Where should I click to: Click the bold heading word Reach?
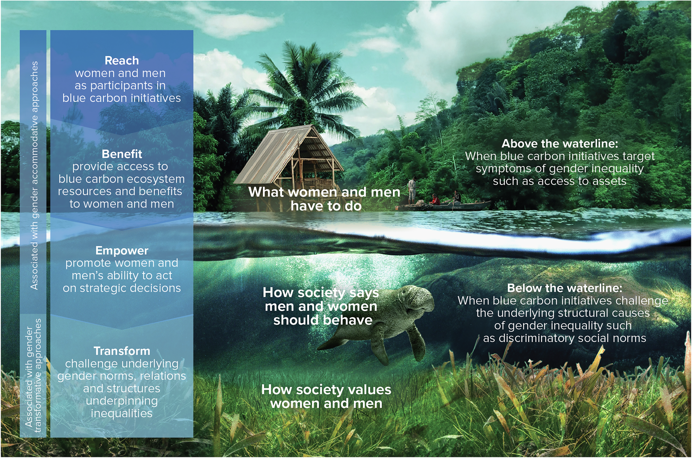click(x=122, y=61)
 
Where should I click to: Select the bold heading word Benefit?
click(x=122, y=154)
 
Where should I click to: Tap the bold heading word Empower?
click(x=122, y=251)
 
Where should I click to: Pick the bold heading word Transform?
click(x=122, y=351)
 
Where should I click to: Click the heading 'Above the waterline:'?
click(x=560, y=144)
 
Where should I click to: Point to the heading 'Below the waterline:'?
click(x=564, y=288)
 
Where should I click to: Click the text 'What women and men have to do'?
click(x=324, y=199)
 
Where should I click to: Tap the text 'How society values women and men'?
click(x=326, y=397)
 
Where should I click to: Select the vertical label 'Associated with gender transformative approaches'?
click(x=33, y=376)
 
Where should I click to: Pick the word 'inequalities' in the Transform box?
click(x=122, y=413)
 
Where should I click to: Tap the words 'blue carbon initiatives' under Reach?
click(x=122, y=98)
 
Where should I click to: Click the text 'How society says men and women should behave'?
click(x=321, y=306)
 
